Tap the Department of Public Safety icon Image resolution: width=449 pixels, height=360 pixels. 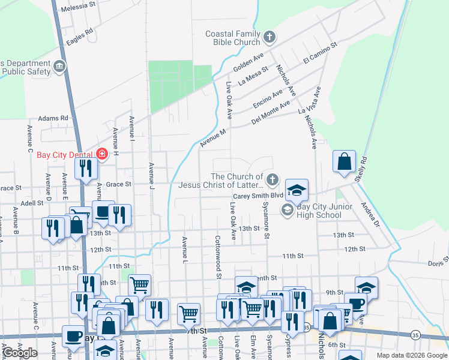click(59, 67)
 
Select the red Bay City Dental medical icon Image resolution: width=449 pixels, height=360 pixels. click(101, 154)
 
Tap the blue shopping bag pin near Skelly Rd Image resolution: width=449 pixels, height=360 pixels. click(344, 162)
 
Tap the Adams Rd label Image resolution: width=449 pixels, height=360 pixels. click(53, 119)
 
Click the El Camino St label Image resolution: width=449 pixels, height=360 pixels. click(321, 53)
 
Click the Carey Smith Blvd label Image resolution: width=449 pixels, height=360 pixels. click(258, 196)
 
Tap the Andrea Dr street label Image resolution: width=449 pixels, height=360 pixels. click(370, 214)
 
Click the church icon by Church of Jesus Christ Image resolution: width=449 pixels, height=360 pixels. click(272, 179)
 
